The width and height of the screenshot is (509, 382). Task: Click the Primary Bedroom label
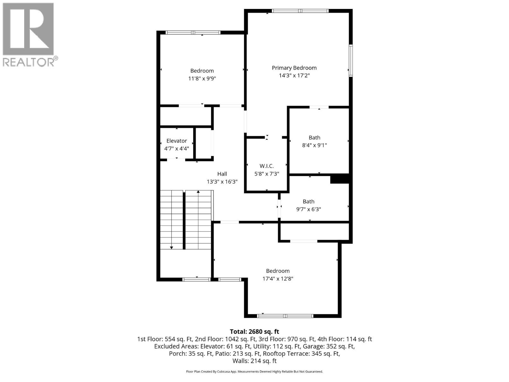point(294,68)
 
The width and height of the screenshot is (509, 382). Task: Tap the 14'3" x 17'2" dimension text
point(294,75)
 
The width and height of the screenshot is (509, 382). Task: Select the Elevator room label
point(177,141)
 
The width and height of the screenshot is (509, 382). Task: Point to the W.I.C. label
point(267,166)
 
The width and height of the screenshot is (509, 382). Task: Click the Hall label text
point(222,174)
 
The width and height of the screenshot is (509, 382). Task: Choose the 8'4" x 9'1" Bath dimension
point(314,145)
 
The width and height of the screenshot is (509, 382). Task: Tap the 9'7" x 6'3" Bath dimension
point(308,209)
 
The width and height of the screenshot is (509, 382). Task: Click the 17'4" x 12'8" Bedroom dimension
point(278,279)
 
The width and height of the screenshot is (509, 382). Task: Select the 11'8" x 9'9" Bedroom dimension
point(202,78)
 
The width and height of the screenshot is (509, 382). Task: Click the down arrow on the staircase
point(171,247)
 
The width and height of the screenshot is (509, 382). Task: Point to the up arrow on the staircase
point(198,192)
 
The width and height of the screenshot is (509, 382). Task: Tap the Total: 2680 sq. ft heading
point(254,332)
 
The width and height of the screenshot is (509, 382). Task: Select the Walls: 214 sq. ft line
point(254,361)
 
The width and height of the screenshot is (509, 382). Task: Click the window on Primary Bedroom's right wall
point(351,60)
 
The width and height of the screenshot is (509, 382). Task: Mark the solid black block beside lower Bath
point(340,179)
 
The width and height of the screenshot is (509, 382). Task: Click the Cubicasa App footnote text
point(254,371)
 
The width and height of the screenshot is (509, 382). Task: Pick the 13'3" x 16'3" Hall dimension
point(222,182)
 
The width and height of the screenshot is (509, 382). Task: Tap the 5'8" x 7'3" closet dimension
point(267,174)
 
